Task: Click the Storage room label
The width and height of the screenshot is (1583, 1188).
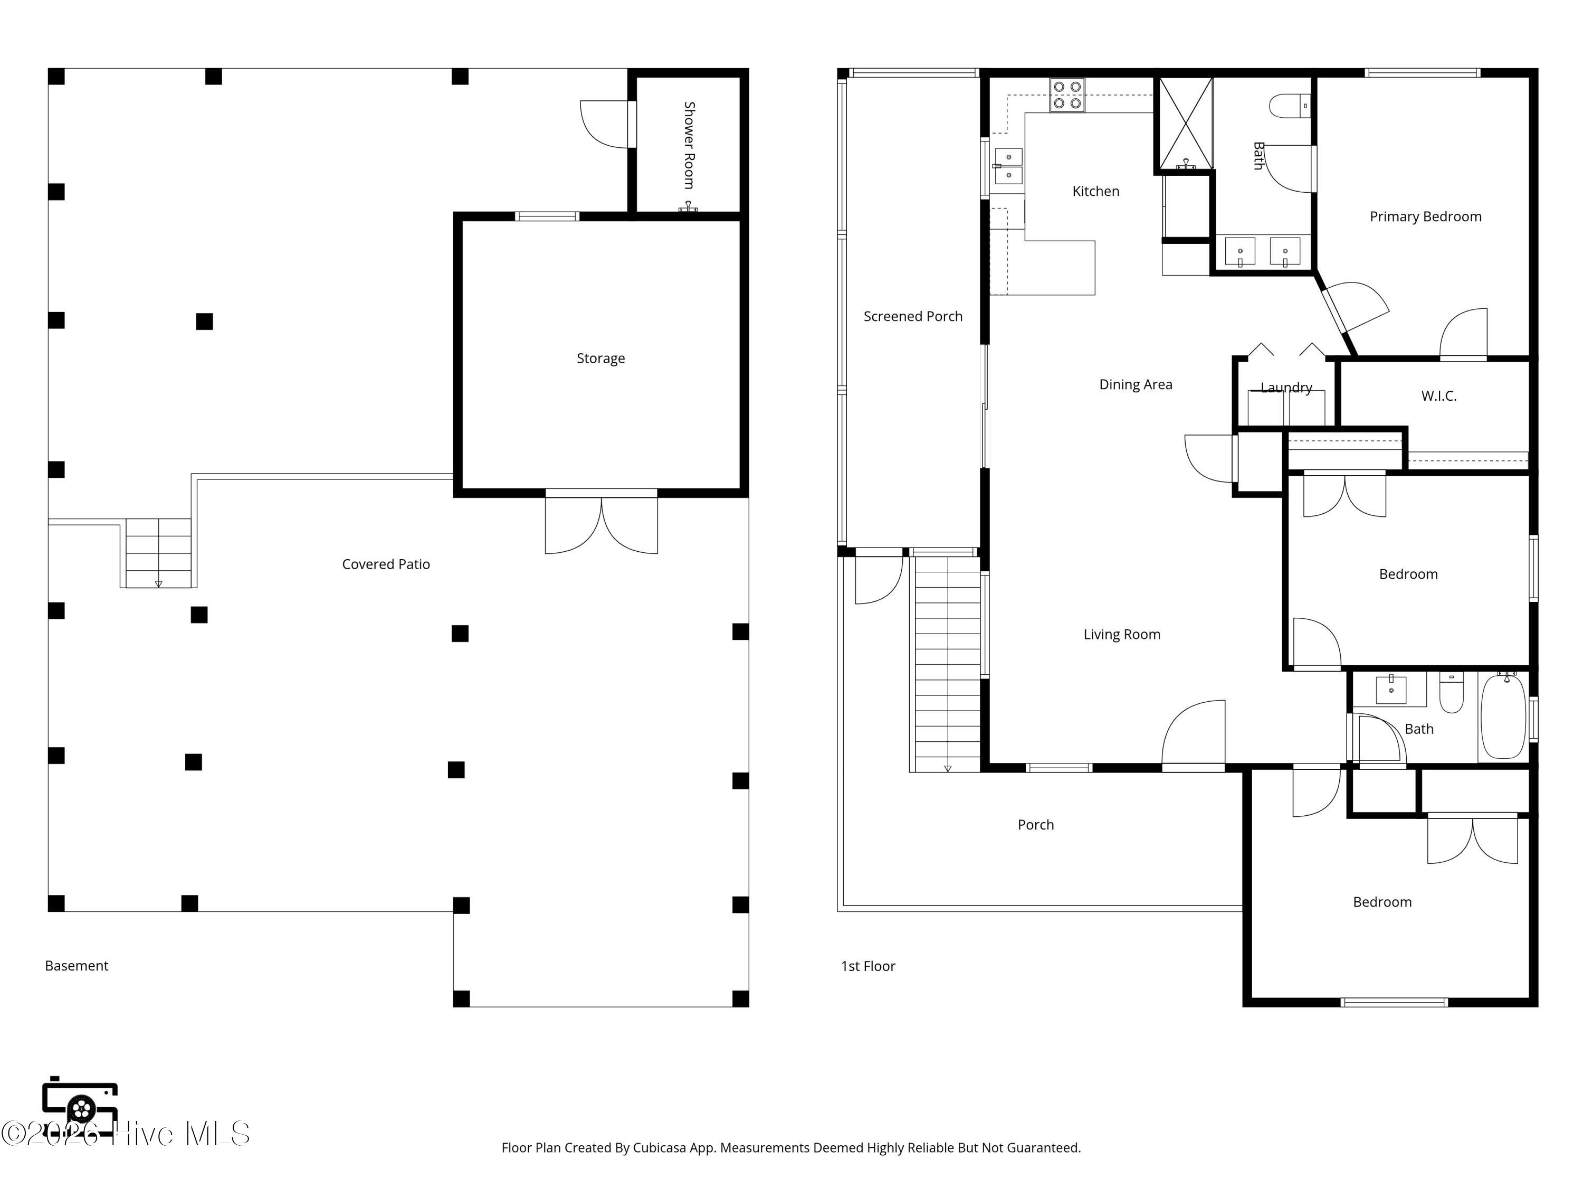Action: click(x=600, y=359)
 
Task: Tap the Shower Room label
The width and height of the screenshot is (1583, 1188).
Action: click(x=689, y=145)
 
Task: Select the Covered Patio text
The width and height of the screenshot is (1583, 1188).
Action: click(x=386, y=564)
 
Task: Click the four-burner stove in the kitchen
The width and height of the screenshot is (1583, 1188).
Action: click(x=1067, y=95)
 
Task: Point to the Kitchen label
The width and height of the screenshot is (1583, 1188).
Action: click(x=1095, y=191)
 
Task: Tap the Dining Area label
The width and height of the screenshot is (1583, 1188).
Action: click(x=1136, y=384)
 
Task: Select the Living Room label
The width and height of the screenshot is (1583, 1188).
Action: click(x=1121, y=635)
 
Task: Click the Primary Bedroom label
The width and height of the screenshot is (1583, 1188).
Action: click(x=1426, y=217)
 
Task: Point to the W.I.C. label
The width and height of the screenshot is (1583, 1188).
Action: click(x=1438, y=396)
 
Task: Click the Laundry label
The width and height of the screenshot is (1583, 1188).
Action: click(x=1286, y=388)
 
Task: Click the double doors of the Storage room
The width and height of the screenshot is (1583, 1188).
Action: click(x=601, y=522)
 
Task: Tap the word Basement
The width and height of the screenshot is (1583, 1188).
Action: click(x=77, y=966)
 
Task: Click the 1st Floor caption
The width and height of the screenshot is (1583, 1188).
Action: click(x=868, y=967)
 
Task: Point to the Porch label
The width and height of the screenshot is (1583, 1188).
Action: click(x=1035, y=825)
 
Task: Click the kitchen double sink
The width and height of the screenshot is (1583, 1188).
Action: click(x=1008, y=165)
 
